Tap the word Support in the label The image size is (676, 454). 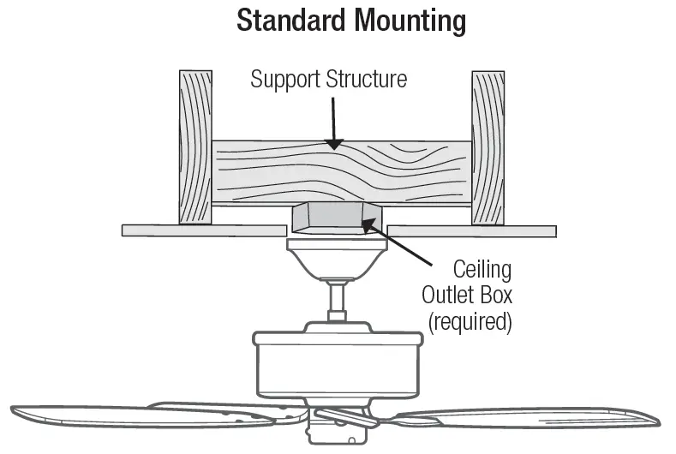tap(286, 80)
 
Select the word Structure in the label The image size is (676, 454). tap(364, 80)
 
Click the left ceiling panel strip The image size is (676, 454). tap(203, 230)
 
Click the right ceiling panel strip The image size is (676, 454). tap(471, 230)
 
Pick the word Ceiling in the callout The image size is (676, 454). tap(482, 271)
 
